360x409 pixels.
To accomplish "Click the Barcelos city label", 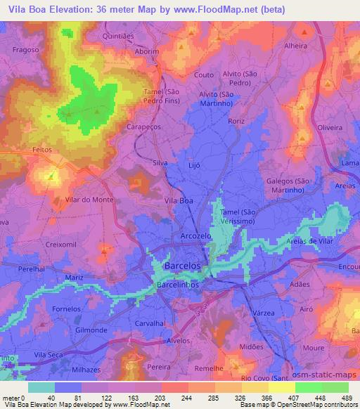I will pyautogui.click(x=182, y=267).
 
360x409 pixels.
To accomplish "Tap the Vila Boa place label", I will pyautogui.click(x=178, y=201).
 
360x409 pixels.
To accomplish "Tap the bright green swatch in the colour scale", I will pyautogui.click(x=309, y=387).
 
